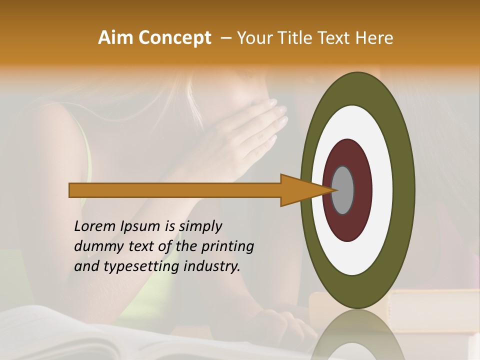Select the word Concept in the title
pos(175,38)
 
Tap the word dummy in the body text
pos(95,246)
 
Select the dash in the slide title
pos(225,38)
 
